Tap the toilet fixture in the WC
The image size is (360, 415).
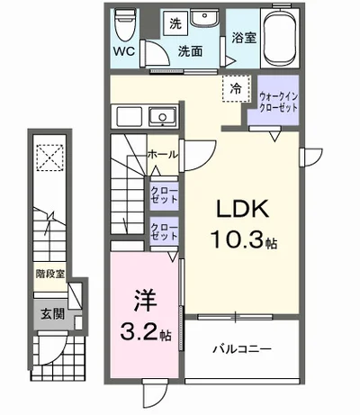pyautogui.click(x=126, y=23)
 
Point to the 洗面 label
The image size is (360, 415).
pyautogui.click(x=189, y=51)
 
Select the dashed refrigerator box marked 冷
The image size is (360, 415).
pyautogui.click(x=235, y=88)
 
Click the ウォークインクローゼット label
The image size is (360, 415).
pyautogui.click(x=277, y=100)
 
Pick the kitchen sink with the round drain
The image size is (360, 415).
pyautogui.click(x=163, y=117)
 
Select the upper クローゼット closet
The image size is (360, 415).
pyautogui.click(x=163, y=194)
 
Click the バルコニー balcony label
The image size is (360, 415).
pyautogui.click(x=241, y=347)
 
